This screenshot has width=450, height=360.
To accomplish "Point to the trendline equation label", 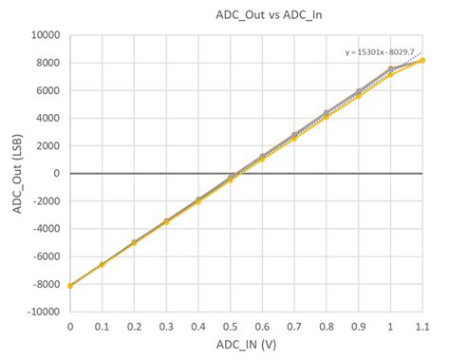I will pos(384,53).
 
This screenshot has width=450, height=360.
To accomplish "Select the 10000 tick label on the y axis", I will pos(45,35).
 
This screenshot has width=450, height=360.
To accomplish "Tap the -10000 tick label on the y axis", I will pos(42,312).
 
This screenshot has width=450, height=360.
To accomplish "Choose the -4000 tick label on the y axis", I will pos(45,229).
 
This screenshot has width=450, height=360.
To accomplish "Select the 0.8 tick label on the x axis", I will pos(326,326).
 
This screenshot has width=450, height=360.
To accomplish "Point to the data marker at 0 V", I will pos(70,285).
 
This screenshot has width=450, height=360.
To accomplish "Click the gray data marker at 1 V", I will pos(390,69).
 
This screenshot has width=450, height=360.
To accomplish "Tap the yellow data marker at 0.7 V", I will pos(294,139).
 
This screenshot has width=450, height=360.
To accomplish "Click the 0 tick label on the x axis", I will pos(70,326).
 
